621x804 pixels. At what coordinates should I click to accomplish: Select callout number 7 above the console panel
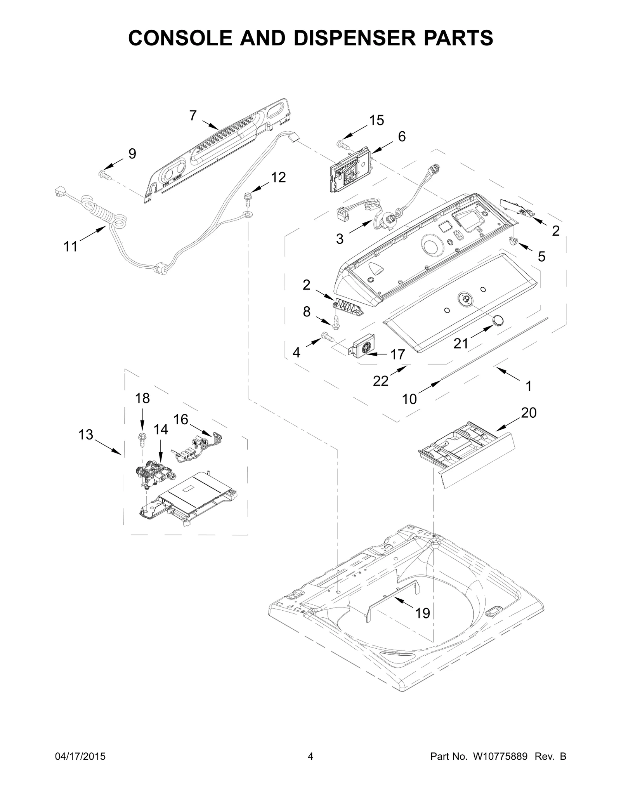click(x=193, y=115)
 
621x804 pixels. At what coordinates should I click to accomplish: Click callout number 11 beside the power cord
click(x=71, y=246)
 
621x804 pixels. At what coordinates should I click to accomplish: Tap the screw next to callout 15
click(x=343, y=144)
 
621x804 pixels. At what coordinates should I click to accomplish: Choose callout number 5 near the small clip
click(x=541, y=256)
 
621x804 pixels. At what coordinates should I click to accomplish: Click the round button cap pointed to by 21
click(x=497, y=320)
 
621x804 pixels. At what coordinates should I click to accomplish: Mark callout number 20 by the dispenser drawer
click(x=529, y=413)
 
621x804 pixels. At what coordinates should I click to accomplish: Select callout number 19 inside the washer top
click(x=422, y=613)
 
